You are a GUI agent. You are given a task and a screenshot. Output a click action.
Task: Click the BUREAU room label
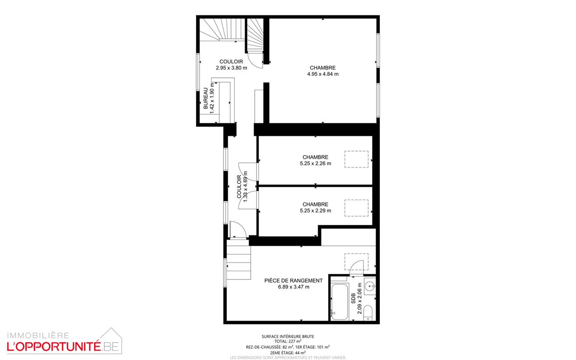[x=206, y=98]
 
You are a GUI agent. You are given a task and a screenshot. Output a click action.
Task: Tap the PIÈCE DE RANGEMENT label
[x=294, y=280]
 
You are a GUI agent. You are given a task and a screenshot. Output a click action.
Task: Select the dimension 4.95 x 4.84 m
[x=323, y=74]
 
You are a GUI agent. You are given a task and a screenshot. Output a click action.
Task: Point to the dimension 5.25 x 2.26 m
[x=316, y=163]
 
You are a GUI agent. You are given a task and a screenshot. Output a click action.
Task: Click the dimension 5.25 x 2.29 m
[x=316, y=211]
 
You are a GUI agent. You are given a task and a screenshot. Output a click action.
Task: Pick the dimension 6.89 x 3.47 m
[x=294, y=287]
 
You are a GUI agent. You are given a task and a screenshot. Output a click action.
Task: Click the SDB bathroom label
[x=353, y=298]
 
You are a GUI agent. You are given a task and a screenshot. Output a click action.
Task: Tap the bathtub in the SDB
[x=340, y=301]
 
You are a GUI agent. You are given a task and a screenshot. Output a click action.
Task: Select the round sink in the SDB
[x=370, y=286]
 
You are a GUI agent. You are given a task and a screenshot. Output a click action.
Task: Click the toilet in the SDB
[x=368, y=313]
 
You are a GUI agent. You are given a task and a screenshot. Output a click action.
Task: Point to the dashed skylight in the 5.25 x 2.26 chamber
[x=356, y=159]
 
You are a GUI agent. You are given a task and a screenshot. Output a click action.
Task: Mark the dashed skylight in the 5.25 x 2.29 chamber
[x=356, y=208]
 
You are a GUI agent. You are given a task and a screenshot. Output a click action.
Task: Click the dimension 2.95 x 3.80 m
[x=232, y=68]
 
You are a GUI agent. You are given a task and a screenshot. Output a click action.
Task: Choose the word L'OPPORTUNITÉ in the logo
[x=54, y=347]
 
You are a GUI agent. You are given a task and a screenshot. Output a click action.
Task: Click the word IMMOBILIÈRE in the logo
[x=38, y=336]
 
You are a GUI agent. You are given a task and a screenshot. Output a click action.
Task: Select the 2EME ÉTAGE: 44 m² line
[x=288, y=352]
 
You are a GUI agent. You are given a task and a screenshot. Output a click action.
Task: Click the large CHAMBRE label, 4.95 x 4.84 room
[x=323, y=68]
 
